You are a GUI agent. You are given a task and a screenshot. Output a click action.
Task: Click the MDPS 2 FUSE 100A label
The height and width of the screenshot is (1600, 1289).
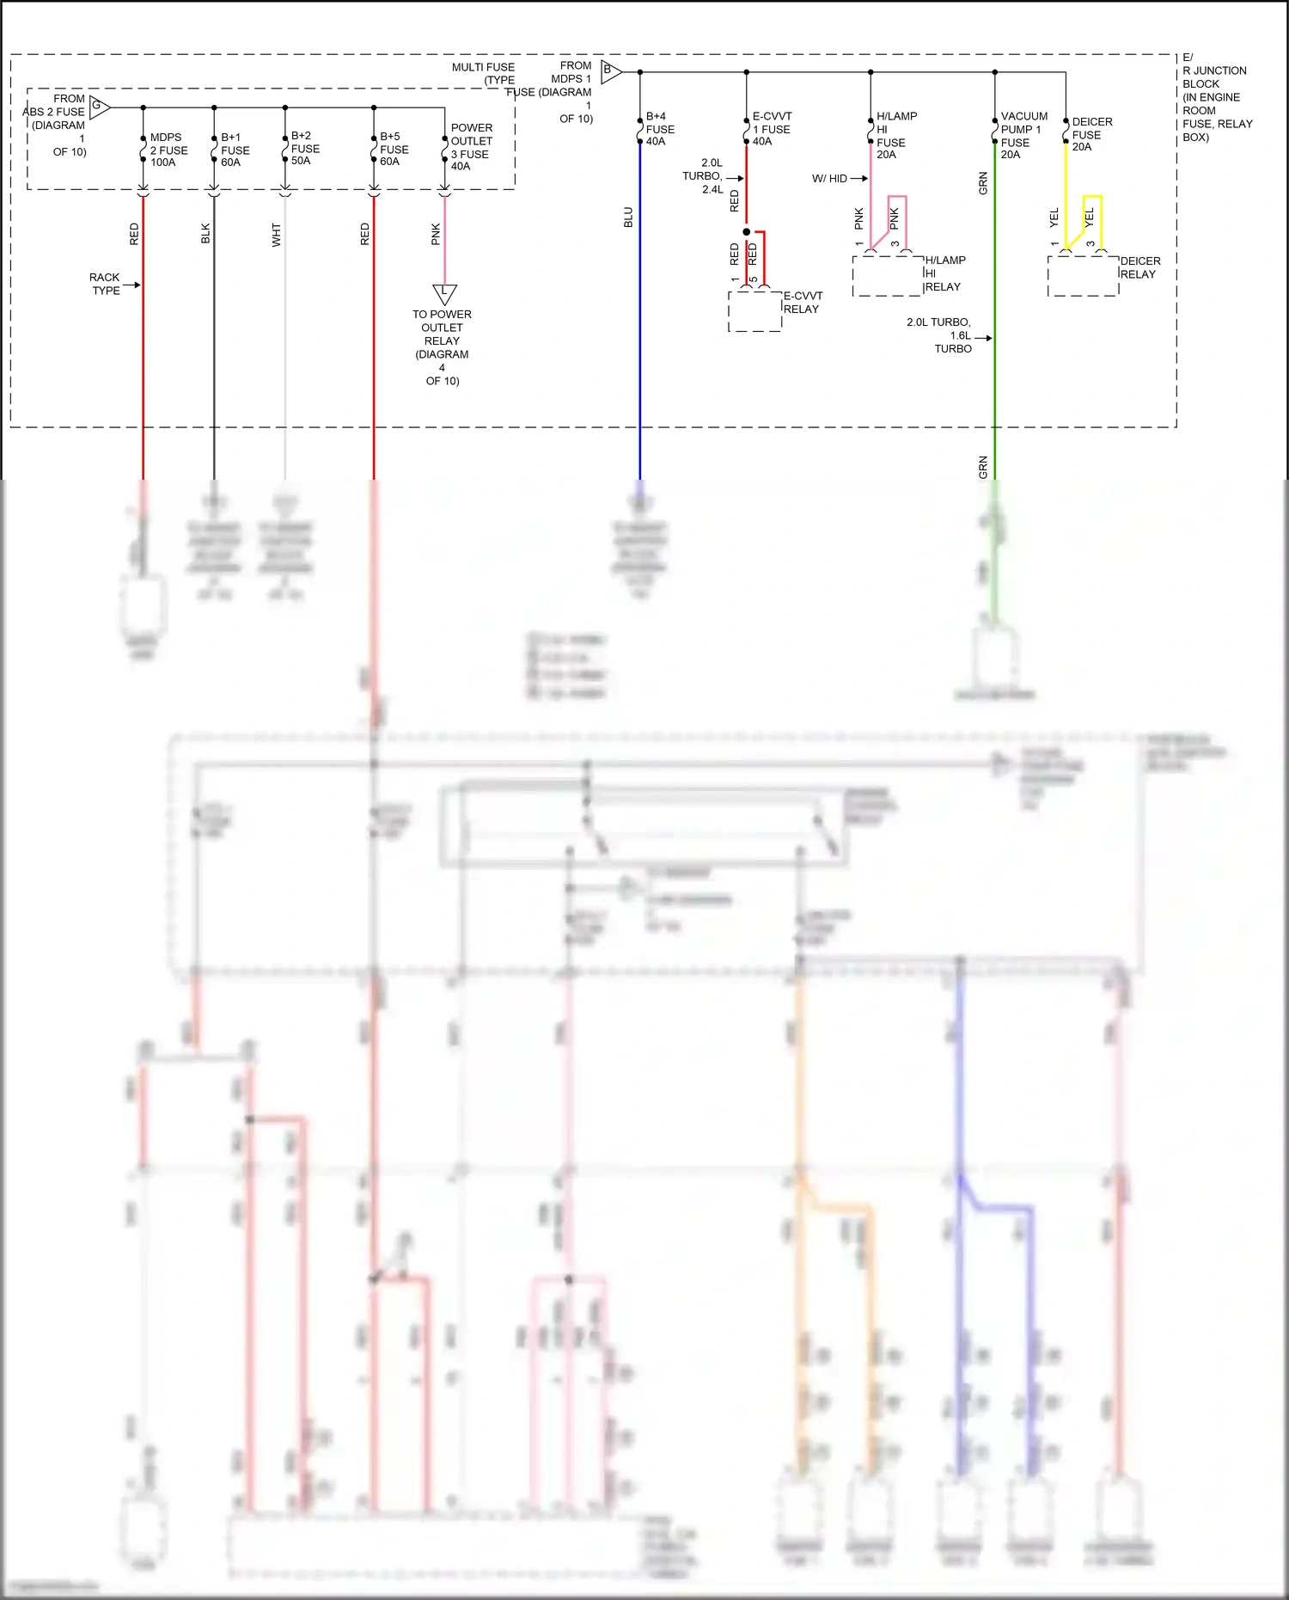[168, 150]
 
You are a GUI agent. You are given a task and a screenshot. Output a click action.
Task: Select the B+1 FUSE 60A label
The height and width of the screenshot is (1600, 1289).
[235, 150]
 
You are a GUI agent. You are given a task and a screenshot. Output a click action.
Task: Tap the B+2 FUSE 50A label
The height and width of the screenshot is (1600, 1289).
[305, 148]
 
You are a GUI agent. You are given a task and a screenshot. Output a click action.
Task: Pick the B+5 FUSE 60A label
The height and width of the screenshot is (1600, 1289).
[394, 149]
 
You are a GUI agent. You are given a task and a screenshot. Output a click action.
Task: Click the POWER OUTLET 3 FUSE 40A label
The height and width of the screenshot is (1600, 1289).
[471, 147]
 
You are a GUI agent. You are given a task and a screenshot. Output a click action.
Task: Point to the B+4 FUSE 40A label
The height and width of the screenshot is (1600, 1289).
[659, 129]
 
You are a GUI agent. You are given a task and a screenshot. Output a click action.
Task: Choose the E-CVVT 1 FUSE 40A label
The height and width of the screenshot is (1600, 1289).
[771, 129]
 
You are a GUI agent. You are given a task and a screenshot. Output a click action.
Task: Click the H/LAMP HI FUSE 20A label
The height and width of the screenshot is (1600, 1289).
[895, 135]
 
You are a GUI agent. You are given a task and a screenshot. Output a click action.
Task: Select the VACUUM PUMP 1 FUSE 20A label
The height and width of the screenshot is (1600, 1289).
[1023, 135]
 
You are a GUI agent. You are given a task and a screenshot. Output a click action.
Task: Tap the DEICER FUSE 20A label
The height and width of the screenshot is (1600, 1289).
[1090, 134]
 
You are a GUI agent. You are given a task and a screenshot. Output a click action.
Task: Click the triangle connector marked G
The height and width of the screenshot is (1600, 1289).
[99, 107]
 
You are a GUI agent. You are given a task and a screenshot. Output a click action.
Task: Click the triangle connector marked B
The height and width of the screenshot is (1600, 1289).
[609, 71]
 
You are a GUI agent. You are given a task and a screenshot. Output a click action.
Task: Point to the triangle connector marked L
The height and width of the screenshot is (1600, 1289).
[444, 293]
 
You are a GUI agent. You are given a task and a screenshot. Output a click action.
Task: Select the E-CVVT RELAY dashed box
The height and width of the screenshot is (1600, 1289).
[754, 310]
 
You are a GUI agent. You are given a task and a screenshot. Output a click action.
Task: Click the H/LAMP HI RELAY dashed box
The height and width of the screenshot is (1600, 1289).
[887, 275]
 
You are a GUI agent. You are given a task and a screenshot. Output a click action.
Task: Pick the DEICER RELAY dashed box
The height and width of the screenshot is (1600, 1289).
[1083, 275]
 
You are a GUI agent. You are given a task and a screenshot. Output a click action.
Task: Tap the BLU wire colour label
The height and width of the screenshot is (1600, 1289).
[628, 218]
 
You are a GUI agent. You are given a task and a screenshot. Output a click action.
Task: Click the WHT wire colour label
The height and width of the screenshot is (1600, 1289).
[276, 235]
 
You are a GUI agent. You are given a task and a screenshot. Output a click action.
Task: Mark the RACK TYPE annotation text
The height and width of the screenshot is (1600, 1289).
[105, 284]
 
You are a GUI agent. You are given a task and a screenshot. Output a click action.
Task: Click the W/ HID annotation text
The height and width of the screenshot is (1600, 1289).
[829, 179]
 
